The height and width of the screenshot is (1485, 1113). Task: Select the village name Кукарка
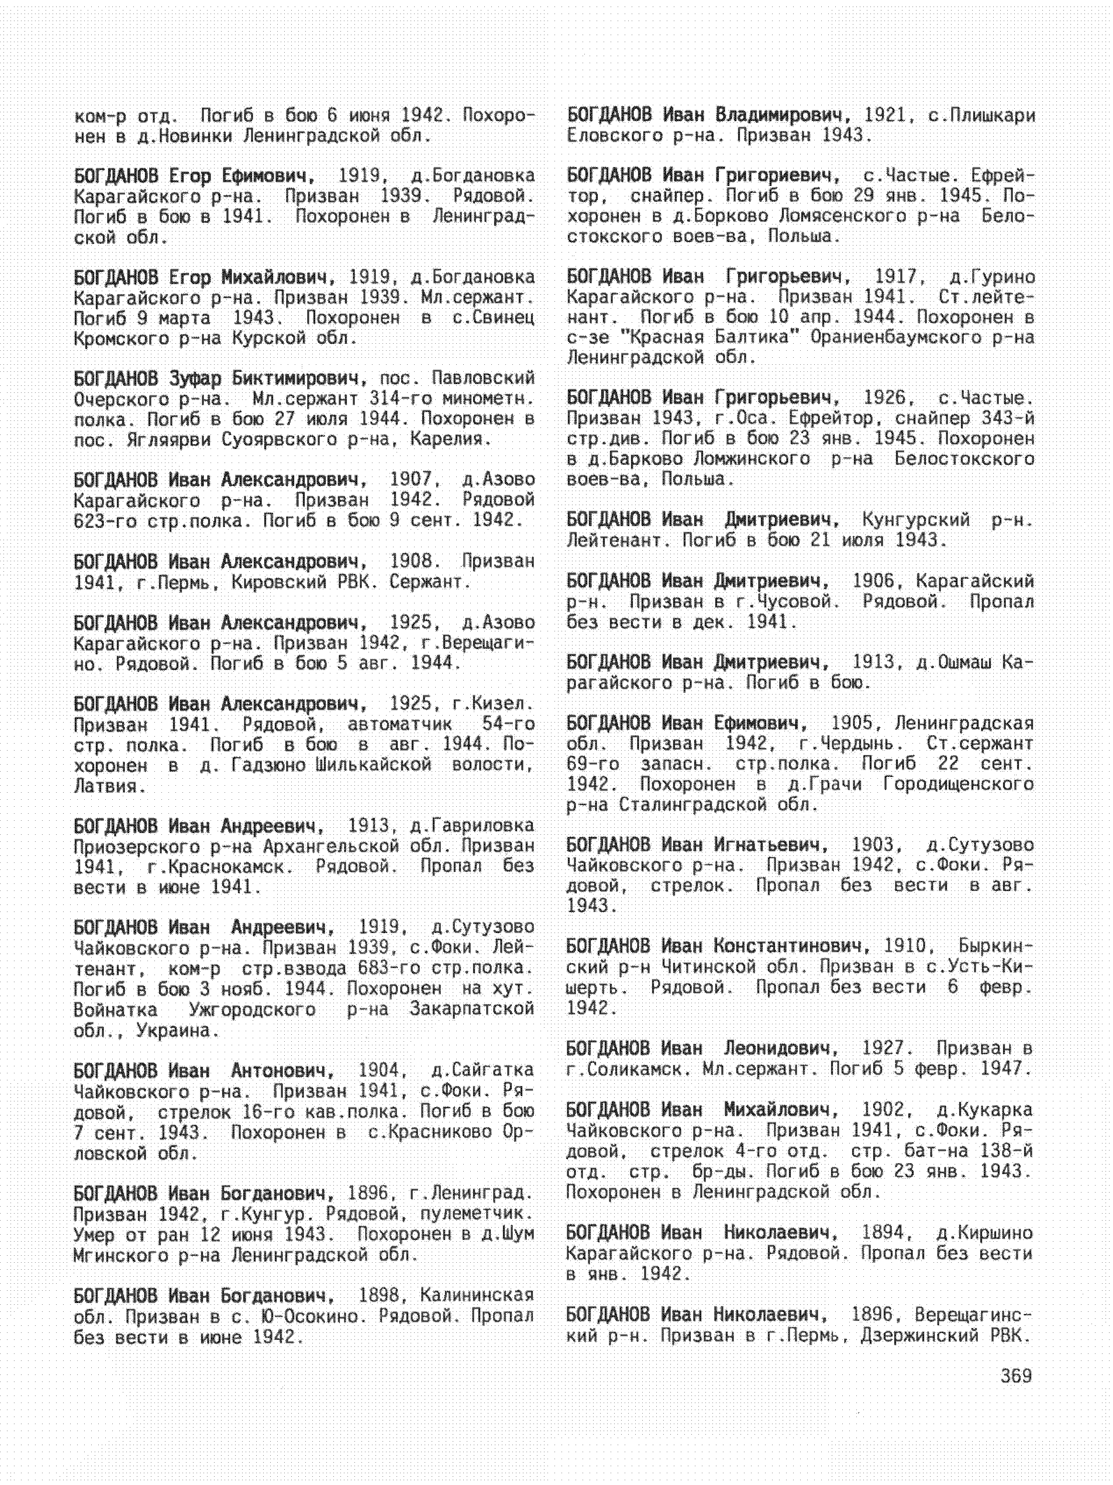993,1111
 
